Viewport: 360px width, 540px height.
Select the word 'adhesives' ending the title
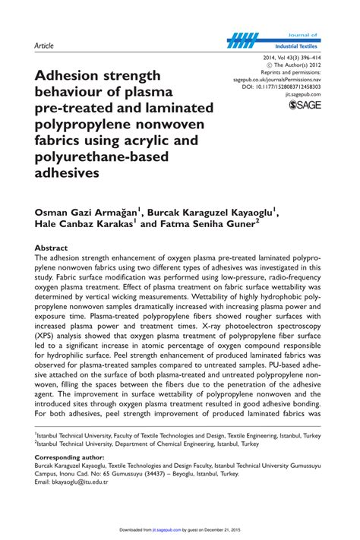pyautogui.click(x=67, y=172)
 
